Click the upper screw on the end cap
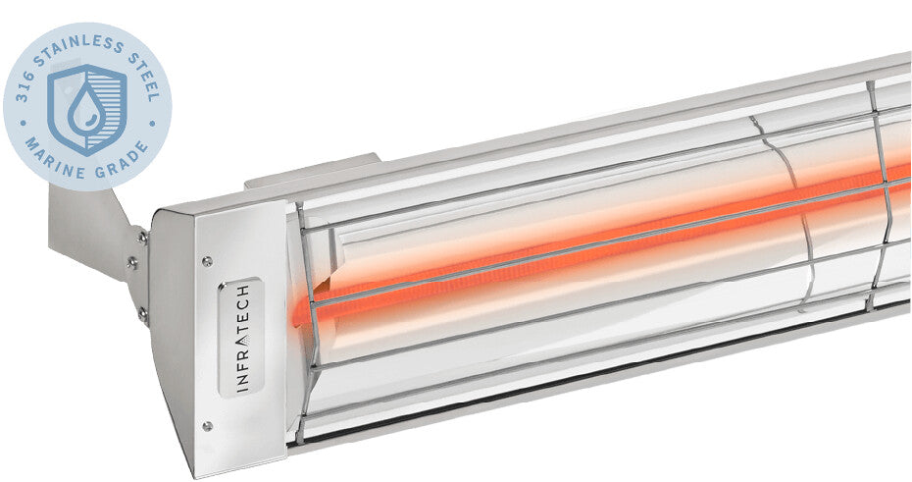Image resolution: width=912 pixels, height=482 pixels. pyautogui.click(x=206, y=261)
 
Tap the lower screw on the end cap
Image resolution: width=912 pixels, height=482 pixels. pyautogui.click(x=207, y=425)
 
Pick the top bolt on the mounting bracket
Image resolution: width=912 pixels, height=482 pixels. pyautogui.click(x=143, y=237)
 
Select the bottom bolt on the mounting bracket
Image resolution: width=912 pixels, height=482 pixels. pyautogui.click(x=143, y=313)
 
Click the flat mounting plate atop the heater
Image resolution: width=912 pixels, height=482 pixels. pyautogui.click(x=309, y=172)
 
